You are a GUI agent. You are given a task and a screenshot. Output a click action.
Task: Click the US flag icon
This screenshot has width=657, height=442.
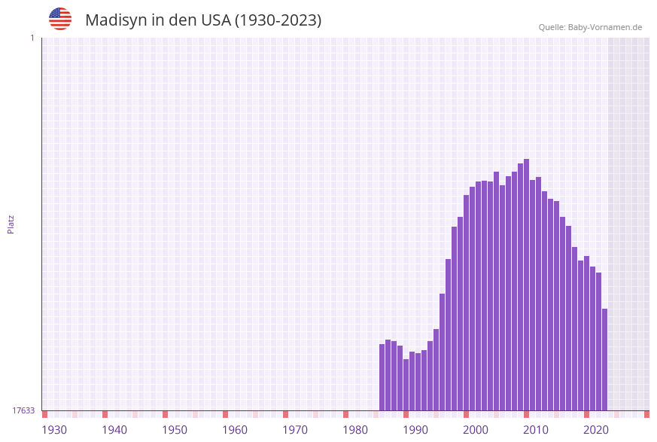pos(60,19)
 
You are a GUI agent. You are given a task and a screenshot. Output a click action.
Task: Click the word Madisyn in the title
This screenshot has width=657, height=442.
pos(116,20)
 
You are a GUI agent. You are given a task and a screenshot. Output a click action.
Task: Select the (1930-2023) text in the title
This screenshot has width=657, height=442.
pos(278,20)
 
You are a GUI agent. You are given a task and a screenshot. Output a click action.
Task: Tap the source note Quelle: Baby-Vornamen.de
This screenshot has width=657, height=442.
pos(590,27)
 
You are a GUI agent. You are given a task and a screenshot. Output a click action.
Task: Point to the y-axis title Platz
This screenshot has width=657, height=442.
pos(11,224)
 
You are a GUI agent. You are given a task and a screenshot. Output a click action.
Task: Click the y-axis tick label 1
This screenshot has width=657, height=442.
pos(32,38)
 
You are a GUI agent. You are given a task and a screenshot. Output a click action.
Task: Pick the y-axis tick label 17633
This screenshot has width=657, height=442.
pos(23,410)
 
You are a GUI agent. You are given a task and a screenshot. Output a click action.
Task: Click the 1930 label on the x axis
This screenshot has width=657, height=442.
pos(54,430)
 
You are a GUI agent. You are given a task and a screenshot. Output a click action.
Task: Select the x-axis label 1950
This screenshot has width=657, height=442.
pos(175,430)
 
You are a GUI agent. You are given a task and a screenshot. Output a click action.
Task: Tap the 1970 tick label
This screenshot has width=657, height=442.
pos(295,430)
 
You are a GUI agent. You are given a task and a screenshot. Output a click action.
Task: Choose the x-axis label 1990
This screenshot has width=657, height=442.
pos(415,430)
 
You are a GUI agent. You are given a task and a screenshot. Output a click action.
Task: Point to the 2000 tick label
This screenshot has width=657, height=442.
pos(476,430)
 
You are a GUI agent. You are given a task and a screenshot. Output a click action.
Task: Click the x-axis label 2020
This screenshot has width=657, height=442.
pos(596,430)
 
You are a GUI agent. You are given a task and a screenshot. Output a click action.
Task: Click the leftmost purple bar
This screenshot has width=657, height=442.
pos(382,376)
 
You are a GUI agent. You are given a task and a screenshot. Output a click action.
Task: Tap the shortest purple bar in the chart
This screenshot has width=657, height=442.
pos(406,384)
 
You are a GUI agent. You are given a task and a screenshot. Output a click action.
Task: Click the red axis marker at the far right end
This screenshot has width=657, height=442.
pos(646,414)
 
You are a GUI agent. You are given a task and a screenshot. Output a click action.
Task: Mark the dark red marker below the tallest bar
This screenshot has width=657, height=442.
pos(526,414)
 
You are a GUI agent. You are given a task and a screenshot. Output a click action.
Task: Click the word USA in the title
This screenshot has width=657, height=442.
pos(216,20)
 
